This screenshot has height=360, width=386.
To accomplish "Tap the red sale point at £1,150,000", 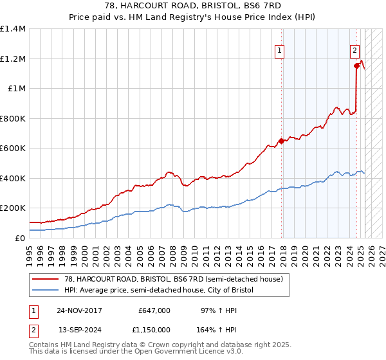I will coord(356,66).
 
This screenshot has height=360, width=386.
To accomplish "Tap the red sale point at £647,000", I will coord(281,141).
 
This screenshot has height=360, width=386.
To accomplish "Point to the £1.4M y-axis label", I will coord(13,29).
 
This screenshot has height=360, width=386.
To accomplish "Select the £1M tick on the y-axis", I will coord(15,89).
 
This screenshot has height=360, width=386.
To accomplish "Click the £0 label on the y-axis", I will coord(19,238).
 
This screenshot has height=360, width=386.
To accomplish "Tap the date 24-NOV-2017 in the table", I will coord(80,310).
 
